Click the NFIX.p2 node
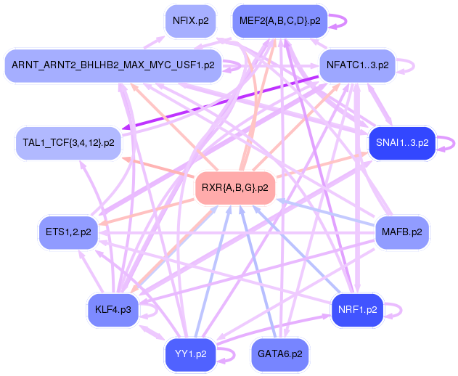(191, 21)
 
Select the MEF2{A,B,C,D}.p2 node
(280, 21)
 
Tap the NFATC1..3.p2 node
(357, 65)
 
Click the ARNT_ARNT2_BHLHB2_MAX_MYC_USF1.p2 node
(113, 65)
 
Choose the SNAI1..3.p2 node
(401, 143)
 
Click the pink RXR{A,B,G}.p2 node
(235, 188)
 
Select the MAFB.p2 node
(402, 232)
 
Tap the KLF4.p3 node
(113, 310)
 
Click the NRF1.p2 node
(357, 310)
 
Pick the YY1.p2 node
(191, 354)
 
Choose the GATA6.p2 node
(280, 354)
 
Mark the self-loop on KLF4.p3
(151, 310)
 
